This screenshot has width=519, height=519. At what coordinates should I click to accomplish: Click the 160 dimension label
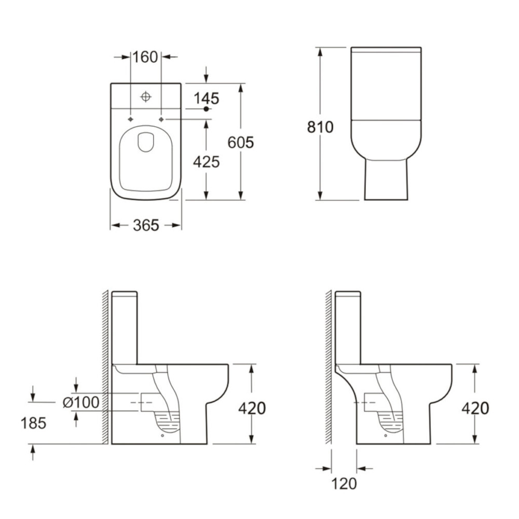145,57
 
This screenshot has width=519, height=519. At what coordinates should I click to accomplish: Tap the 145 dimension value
207,98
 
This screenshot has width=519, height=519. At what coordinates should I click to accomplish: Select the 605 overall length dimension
241,142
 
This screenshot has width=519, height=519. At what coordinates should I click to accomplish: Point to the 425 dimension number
207,162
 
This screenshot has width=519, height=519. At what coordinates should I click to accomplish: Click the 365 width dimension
145,225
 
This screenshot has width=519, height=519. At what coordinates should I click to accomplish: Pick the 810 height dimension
320,127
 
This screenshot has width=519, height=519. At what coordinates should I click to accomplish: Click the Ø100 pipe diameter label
80,402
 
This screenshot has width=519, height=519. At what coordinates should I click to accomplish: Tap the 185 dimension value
34,423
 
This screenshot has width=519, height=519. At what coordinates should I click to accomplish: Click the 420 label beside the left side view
252,408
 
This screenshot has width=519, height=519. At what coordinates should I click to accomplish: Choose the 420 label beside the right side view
475,408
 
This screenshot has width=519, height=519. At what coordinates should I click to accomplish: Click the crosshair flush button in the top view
146,96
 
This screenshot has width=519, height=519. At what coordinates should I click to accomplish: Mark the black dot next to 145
206,109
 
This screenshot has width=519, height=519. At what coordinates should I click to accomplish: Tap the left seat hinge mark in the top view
130,119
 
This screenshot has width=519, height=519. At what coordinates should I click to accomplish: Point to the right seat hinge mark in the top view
161,119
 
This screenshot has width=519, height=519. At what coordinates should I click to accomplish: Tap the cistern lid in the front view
386,50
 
